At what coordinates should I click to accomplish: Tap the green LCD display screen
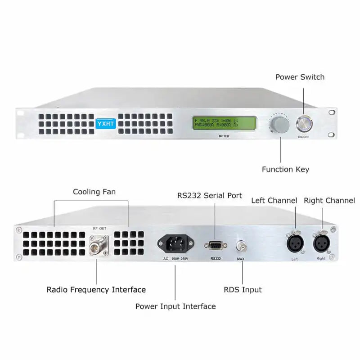pos(224,123)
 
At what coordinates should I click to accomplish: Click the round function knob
pos(279,124)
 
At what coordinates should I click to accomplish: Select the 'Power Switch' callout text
pos(300,77)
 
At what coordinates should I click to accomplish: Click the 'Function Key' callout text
pos(285,170)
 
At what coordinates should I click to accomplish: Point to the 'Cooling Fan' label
pos(94,192)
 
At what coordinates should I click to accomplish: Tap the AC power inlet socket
pos(175,244)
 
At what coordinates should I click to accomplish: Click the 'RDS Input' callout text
pos(243,290)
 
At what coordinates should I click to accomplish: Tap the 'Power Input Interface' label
pos(175,306)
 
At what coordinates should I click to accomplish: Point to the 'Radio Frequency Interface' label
pos(96,290)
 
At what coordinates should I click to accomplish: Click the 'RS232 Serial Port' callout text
pos(209,196)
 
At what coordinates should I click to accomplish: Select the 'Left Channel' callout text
pos(274,201)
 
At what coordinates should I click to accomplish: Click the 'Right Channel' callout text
pos(329,201)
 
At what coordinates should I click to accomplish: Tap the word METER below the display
pos(224,136)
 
